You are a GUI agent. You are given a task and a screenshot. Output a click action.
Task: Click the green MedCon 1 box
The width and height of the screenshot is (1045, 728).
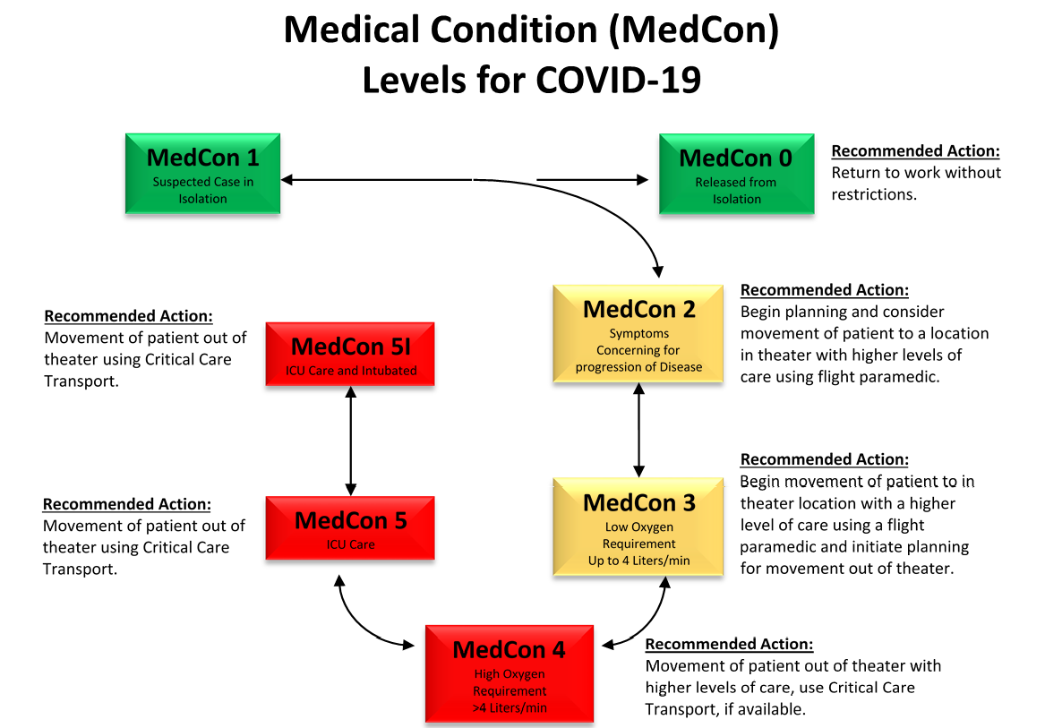point(202,174)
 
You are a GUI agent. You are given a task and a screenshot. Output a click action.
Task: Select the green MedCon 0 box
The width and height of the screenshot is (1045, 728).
point(736,174)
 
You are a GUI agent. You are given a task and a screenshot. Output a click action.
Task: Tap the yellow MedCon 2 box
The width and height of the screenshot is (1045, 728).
point(638,334)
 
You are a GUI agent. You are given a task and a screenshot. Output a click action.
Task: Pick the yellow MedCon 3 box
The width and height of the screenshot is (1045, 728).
point(638,526)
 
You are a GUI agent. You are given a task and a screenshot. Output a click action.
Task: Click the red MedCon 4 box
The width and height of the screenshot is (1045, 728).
point(509,673)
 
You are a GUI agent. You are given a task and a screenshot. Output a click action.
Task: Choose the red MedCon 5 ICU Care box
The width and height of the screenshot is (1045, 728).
point(349,528)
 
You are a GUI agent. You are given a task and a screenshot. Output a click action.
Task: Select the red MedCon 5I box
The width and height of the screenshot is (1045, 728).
point(349,354)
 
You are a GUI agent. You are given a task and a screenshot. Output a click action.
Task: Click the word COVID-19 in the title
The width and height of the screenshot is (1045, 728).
point(618,81)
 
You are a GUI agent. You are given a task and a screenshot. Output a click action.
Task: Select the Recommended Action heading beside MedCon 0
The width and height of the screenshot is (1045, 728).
point(915,151)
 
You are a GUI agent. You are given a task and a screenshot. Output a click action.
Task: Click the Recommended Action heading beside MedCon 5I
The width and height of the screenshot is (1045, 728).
point(128,316)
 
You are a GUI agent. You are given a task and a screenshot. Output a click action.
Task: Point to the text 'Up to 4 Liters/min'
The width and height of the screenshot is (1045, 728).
point(638,561)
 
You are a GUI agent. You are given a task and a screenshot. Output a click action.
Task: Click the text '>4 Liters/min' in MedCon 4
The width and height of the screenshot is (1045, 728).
point(509,708)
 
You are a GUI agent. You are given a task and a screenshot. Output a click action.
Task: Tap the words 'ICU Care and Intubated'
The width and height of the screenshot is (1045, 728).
point(350,370)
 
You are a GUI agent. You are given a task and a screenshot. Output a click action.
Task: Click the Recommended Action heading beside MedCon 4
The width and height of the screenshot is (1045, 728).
point(729,644)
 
